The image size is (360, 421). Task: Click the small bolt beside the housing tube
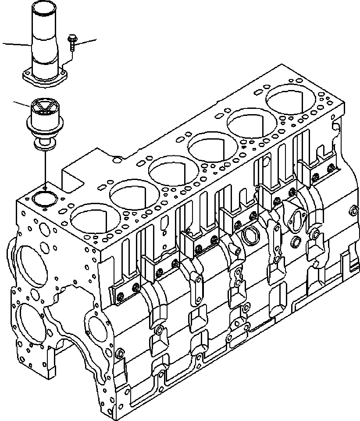tap(71, 43)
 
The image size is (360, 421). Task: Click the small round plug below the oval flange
tap(295, 241)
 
